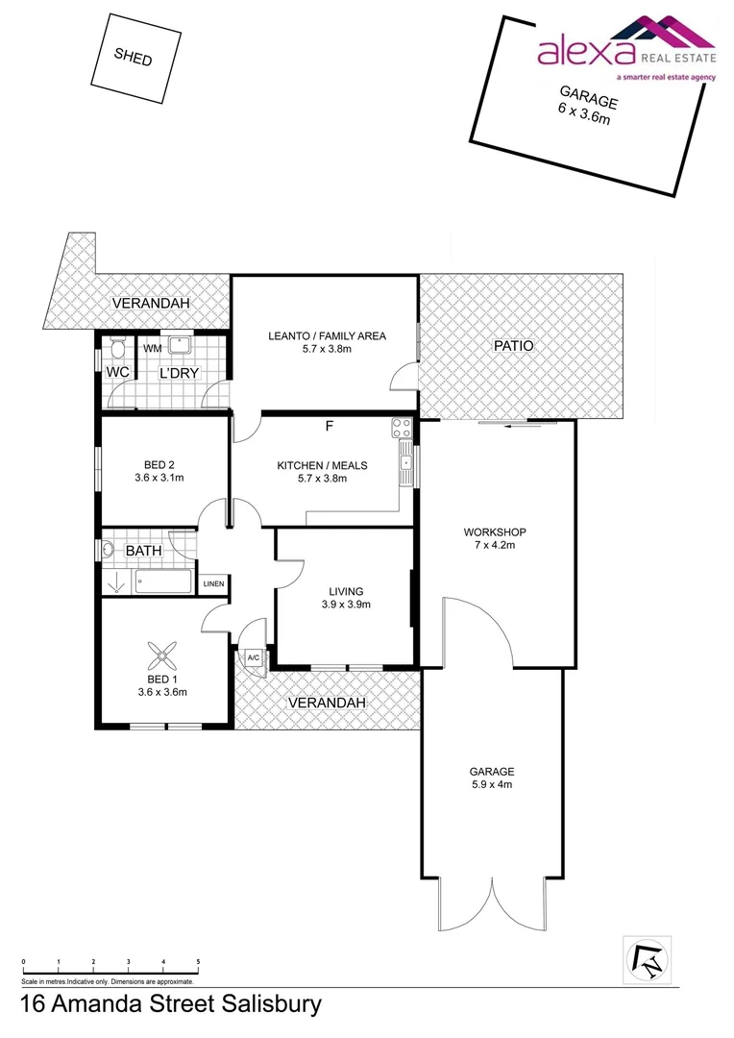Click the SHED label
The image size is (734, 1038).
[x=133, y=57]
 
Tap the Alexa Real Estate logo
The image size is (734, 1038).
[x=625, y=49]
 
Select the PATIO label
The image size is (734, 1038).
[x=513, y=346]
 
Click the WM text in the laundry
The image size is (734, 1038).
[x=152, y=349]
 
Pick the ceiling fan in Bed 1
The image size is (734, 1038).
[x=161, y=658]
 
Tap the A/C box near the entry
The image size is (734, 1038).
[x=254, y=658]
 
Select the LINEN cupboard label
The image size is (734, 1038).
[x=213, y=583]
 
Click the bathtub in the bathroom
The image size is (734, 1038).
[x=164, y=581]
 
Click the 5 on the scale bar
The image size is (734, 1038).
[x=198, y=962]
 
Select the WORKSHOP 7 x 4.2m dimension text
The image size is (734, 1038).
[x=495, y=545]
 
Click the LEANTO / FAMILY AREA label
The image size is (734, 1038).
[x=327, y=335]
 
